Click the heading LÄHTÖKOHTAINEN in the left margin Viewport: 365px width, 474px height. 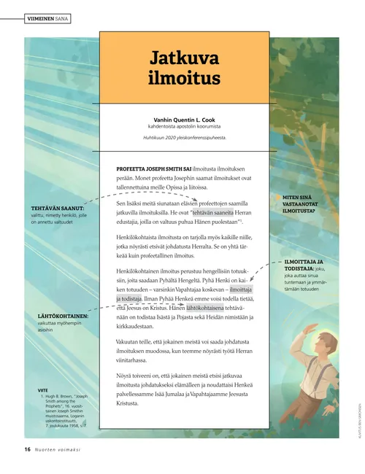click(58, 316)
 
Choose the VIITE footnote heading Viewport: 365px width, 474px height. click(43, 390)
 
